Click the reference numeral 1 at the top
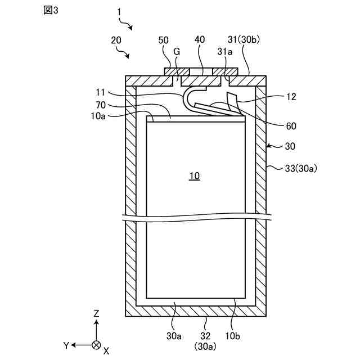(x=119, y=11)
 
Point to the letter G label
(x=177, y=51)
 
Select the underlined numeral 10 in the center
(x=194, y=176)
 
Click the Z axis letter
(x=97, y=313)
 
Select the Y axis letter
(x=66, y=344)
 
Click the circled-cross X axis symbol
(x=97, y=344)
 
